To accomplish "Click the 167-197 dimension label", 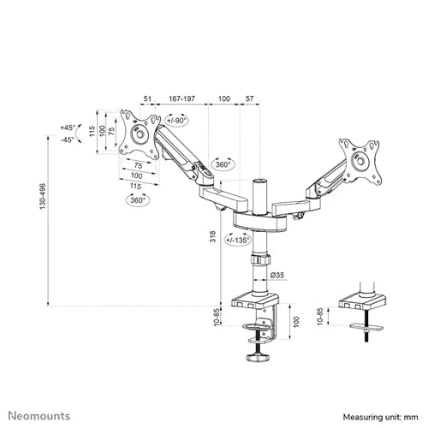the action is click(181, 98).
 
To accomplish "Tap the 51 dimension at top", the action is click(147, 98).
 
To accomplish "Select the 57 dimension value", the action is click(250, 98).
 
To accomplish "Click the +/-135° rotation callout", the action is click(238, 240).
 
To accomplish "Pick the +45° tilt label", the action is click(68, 128).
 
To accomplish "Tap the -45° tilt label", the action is click(68, 140).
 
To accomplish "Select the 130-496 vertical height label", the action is click(43, 196).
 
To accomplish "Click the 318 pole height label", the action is click(213, 237).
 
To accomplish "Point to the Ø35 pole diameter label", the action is click(277, 275).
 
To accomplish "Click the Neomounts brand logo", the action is click(39, 416).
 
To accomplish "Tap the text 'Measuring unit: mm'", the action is click(380, 417).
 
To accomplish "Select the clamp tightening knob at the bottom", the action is click(258, 358).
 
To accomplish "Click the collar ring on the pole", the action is click(260, 259).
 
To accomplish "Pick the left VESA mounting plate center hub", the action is click(140, 134).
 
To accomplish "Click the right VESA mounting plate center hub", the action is click(360, 161).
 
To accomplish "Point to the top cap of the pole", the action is click(260, 181).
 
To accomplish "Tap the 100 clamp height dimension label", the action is click(296, 322).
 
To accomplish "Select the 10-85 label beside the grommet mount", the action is click(320, 316).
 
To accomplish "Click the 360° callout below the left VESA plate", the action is click(138, 200).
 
